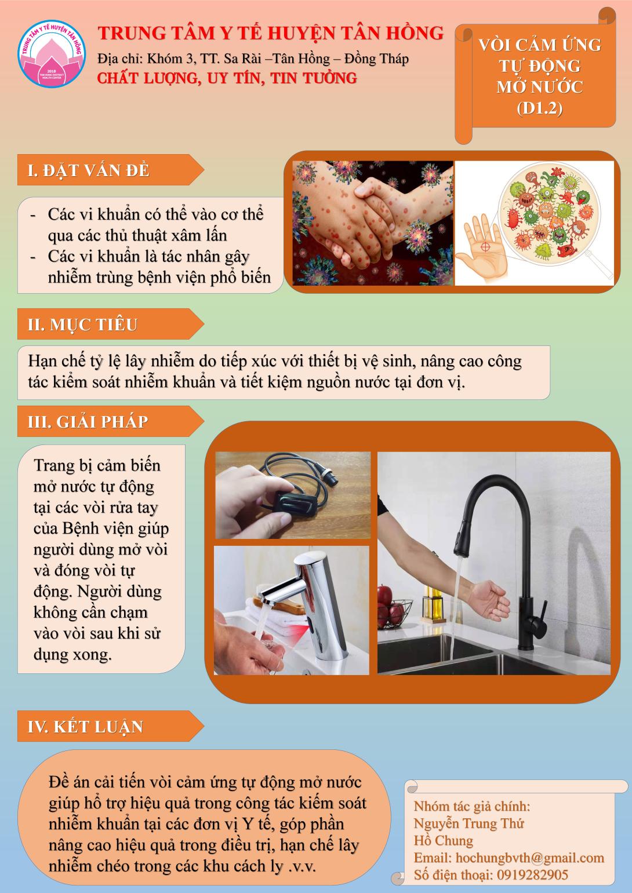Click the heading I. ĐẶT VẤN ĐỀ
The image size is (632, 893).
pyautogui.click(x=89, y=170)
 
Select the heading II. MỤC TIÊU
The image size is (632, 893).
pyautogui.click(x=82, y=325)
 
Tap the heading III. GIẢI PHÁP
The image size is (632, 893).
pyautogui.click(x=88, y=422)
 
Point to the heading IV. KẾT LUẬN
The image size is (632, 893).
pyautogui.click(x=85, y=727)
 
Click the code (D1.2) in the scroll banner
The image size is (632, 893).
pyautogui.click(x=539, y=108)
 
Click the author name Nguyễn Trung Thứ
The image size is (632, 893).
pyautogui.click(x=468, y=823)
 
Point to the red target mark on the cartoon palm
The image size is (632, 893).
pyautogui.click(x=485, y=247)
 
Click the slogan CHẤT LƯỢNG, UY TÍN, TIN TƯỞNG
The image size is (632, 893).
pyautogui.click(x=227, y=78)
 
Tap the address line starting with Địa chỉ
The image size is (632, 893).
pyautogui.click(x=253, y=59)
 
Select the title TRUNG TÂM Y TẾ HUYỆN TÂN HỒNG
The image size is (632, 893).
pyautogui.click(x=271, y=33)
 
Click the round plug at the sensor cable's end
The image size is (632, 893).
pyautogui.click(x=330, y=476)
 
